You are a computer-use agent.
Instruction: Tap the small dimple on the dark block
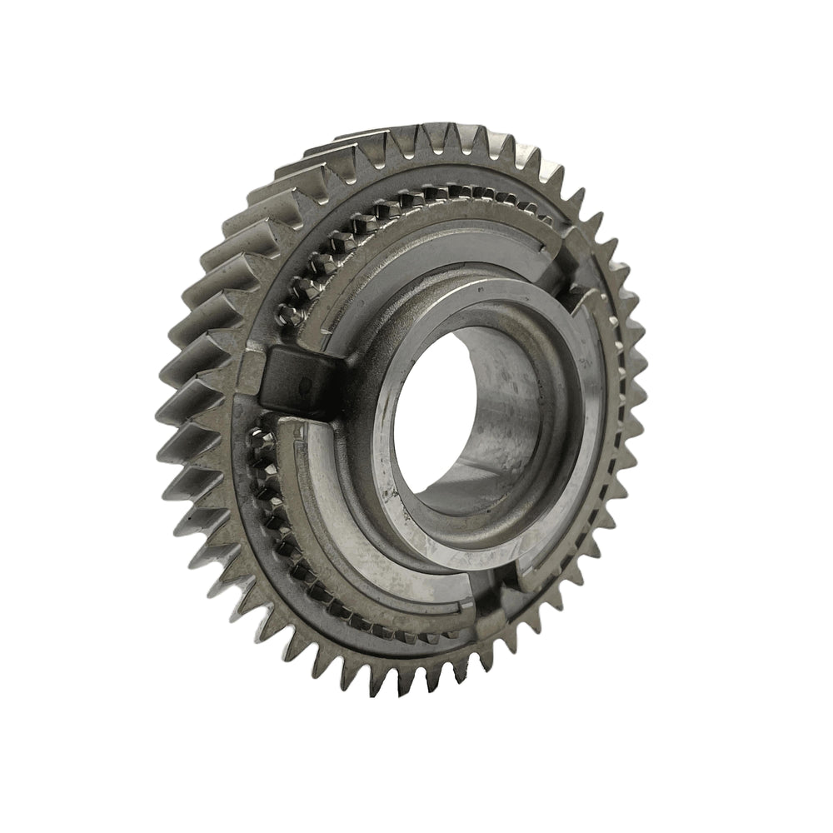[x=305, y=384]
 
